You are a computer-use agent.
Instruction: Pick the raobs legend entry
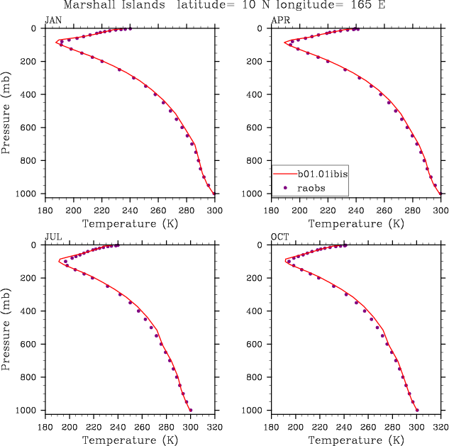pyautogui.click(x=309, y=187)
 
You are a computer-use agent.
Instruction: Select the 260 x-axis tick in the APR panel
pyautogui.click(x=384, y=210)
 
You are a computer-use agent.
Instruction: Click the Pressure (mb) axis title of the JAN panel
pyautogui.click(x=8, y=111)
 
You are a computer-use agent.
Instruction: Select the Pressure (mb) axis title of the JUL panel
pyautogui.click(x=8, y=327)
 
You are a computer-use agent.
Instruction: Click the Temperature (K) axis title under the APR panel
pyautogui.click(x=356, y=223)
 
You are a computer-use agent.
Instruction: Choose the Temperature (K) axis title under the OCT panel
pyautogui.click(x=356, y=440)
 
